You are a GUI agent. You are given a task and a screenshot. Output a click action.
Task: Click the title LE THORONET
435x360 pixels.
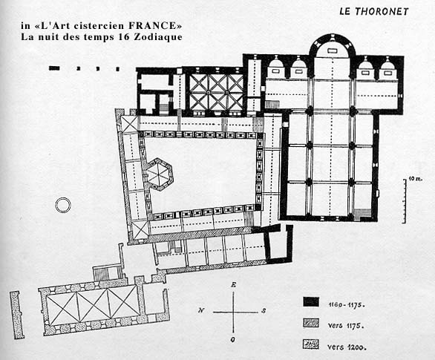click(x=374, y=11)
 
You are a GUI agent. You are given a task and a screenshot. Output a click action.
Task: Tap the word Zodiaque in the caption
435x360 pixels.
click(x=158, y=37)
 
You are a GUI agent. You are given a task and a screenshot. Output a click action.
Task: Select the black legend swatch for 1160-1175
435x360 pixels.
click(x=311, y=302)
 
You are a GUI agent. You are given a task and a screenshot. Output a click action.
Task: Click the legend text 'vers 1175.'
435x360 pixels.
click(x=346, y=325)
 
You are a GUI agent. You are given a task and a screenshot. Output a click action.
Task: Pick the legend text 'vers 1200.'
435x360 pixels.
click(x=347, y=347)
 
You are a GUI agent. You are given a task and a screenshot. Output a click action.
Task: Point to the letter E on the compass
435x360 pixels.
click(x=234, y=284)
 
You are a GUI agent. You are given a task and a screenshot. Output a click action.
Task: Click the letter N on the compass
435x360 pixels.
click(x=201, y=310)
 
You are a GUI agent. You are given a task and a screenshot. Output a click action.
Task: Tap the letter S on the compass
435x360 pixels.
click(x=264, y=310)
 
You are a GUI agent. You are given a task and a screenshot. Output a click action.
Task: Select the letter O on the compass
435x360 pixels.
click(x=233, y=339)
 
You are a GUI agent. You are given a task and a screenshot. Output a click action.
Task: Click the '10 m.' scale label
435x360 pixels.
click(x=415, y=179)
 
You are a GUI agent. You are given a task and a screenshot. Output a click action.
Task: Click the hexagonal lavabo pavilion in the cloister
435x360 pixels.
click(x=159, y=174)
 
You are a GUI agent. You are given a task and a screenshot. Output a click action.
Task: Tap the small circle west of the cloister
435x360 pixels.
click(x=63, y=206)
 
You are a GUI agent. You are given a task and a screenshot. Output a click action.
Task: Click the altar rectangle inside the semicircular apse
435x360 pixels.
click(x=332, y=50)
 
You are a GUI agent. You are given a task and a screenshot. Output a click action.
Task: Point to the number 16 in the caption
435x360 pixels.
click(x=123, y=37)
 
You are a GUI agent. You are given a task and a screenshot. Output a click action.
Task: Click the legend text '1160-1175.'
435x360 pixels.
click(x=346, y=304)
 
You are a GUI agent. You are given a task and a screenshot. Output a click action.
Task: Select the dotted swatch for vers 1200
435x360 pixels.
click(x=311, y=344)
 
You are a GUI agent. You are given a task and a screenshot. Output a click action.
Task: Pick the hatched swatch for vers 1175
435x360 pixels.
click(x=311, y=323)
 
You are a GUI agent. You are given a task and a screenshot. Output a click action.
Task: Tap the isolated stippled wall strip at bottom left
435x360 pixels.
click(x=16, y=315)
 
